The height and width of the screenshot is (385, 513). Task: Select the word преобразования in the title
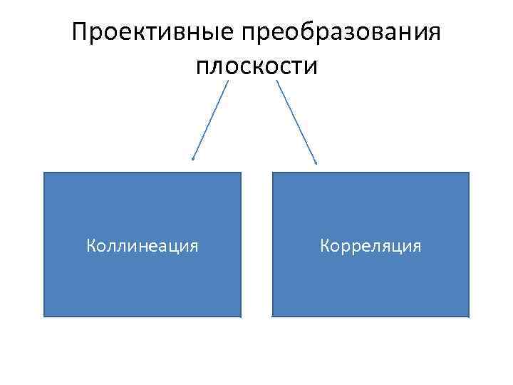(341, 33)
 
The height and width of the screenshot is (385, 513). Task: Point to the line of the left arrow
(211, 119)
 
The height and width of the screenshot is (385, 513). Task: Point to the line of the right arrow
(296, 121)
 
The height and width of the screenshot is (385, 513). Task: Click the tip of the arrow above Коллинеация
(192, 160)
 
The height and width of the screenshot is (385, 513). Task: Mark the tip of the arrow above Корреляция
(316, 163)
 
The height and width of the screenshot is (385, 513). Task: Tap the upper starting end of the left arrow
(229, 80)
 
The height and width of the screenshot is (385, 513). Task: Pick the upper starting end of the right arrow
(276, 80)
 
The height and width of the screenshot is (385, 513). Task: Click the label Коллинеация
(142, 246)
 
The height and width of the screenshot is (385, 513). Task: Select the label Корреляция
(370, 246)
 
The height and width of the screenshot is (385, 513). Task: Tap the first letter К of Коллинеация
(91, 246)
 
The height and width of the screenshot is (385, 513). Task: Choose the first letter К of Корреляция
(325, 246)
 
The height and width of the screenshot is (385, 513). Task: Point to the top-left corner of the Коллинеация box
(44, 173)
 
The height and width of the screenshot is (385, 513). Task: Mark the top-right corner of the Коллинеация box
(241, 173)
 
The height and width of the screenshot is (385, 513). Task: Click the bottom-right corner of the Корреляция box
(469, 316)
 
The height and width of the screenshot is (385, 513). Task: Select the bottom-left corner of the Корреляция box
(273, 316)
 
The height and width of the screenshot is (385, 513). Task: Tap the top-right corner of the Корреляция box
(469, 173)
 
